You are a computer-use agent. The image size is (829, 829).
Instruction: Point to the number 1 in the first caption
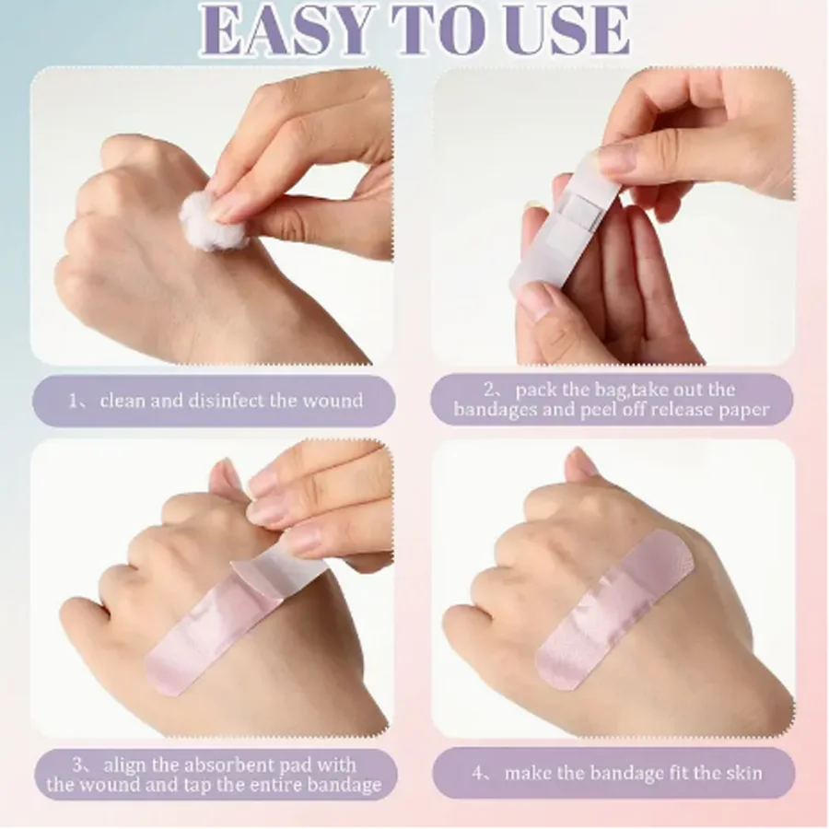click(75, 401)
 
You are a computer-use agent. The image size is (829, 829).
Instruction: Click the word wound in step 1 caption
click(333, 401)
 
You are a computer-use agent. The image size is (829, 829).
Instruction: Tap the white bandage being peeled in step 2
click(566, 221)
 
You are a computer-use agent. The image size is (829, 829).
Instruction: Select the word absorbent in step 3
click(228, 765)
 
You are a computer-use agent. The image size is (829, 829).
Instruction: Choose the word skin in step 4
click(741, 772)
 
